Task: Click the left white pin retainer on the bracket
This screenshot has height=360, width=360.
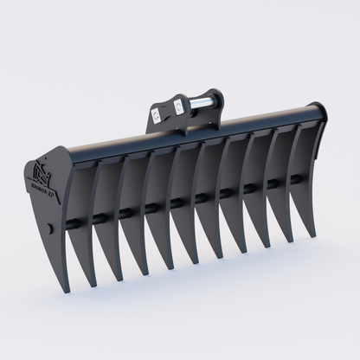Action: (x=156, y=112)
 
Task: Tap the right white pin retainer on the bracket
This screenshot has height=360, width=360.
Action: (x=178, y=106)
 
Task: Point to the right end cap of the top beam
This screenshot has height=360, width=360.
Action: (x=321, y=112)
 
